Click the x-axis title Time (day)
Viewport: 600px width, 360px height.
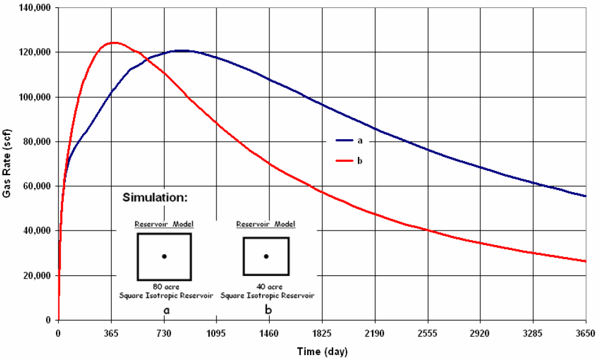click(322, 351)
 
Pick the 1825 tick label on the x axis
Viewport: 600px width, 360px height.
click(322, 332)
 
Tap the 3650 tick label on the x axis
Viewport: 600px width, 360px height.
click(585, 332)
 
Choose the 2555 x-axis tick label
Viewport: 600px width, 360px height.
click(427, 332)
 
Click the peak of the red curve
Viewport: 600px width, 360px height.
click(113, 43)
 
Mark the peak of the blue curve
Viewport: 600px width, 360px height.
click(182, 50)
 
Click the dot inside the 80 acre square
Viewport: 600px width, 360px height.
click(164, 257)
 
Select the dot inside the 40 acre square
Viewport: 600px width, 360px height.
click(266, 257)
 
